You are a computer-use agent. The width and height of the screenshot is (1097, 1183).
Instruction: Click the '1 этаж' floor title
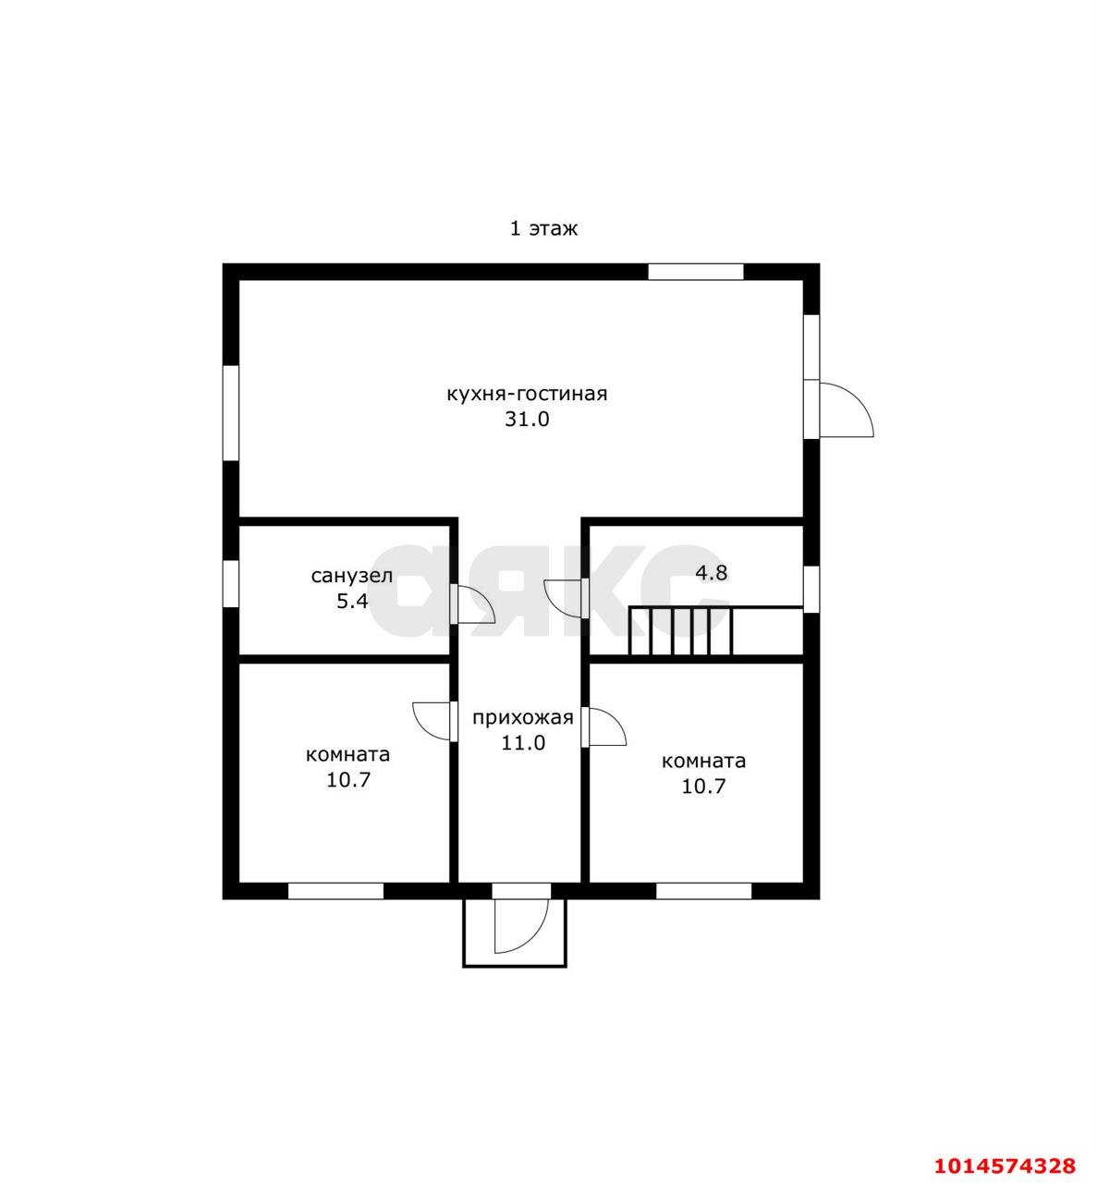click(543, 228)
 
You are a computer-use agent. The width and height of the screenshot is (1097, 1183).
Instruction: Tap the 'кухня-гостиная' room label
click(528, 395)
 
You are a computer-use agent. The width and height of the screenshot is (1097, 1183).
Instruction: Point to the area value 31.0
click(528, 420)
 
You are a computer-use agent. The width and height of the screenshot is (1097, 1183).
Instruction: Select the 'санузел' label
click(352, 576)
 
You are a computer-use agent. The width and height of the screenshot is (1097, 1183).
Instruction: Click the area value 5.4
click(352, 601)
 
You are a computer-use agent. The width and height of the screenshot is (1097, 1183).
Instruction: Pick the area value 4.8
click(712, 573)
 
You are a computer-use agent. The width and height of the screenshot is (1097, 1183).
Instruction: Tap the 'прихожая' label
click(523, 718)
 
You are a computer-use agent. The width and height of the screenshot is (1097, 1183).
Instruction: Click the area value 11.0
click(523, 743)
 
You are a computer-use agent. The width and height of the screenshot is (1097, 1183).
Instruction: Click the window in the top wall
click(695, 272)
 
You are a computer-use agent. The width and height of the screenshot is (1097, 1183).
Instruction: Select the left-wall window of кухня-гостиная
click(231, 412)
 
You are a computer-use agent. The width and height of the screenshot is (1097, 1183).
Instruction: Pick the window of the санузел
click(231, 584)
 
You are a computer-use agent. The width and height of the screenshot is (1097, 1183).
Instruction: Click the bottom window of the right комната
click(703, 891)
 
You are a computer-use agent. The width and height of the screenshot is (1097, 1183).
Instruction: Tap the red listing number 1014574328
click(1005, 1165)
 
